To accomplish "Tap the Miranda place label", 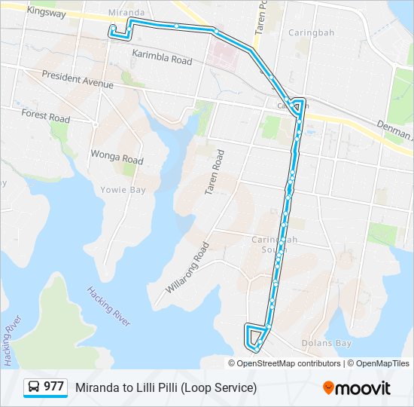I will (126, 13).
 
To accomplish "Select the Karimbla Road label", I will (162, 57).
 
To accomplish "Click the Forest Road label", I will (46, 117).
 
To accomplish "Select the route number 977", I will (53, 387).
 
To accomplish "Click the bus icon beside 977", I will (34, 387).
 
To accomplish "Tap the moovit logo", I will (357, 387).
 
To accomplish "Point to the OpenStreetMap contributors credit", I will (289, 363).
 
